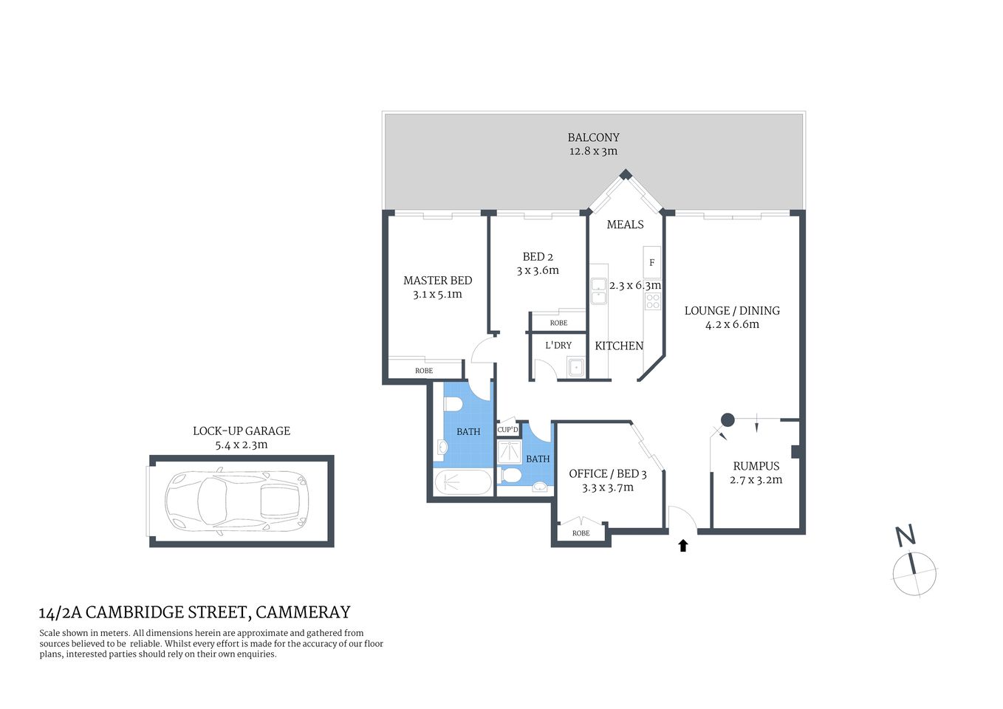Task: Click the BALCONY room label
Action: click(x=593, y=137)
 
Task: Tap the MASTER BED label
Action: click(x=437, y=281)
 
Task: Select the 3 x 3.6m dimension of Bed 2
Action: click(x=537, y=270)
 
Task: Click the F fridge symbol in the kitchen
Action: click(x=651, y=262)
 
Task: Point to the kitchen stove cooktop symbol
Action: click(x=652, y=301)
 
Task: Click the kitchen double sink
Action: click(x=598, y=292)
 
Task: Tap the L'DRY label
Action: click(x=558, y=345)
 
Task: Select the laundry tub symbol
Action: click(x=575, y=366)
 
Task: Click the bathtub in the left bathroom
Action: click(x=462, y=483)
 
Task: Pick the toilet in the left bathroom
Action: click(x=452, y=404)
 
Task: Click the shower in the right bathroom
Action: click(x=508, y=451)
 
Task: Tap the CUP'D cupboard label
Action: click(x=507, y=430)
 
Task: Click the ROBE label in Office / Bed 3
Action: click(x=581, y=533)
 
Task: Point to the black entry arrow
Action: click(x=683, y=546)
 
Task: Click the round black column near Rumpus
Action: click(x=728, y=420)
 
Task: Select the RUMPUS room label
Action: click(x=756, y=466)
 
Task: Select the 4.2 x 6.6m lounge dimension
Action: click(x=731, y=324)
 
